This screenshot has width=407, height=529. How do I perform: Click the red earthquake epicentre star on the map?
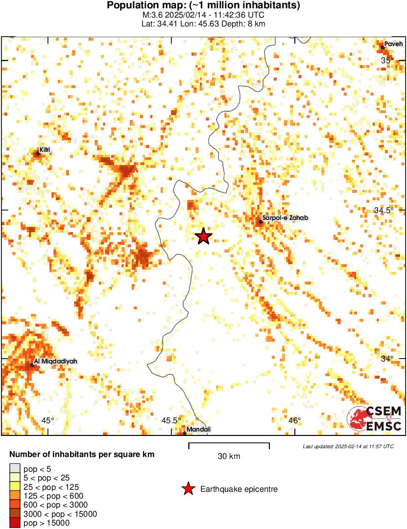(204, 237)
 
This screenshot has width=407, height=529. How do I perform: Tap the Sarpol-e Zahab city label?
(286, 218)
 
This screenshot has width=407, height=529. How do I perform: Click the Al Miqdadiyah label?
(56, 361)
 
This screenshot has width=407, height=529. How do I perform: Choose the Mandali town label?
(198, 430)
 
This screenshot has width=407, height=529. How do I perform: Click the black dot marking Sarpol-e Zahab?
(261, 222)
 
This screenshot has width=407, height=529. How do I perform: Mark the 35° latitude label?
(387, 61)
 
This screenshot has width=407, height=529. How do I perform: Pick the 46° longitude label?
(294, 420)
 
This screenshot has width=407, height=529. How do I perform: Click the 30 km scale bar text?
(229, 457)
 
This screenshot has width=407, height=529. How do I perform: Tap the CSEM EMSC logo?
(375, 419)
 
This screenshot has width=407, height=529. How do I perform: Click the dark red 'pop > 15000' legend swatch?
(15, 523)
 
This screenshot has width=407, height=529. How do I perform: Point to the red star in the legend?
(188, 489)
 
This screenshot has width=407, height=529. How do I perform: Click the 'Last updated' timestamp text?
(348, 446)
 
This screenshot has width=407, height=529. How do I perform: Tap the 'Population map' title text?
(203, 5)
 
